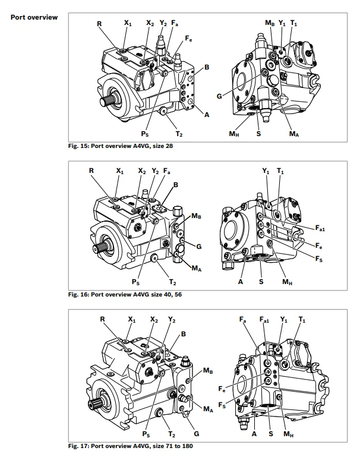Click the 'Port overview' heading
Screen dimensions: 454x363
click(x=34, y=17)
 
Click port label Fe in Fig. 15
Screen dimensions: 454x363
click(x=188, y=38)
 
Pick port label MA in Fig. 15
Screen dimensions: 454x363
click(x=293, y=134)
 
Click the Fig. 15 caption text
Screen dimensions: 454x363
click(x=121, y=146)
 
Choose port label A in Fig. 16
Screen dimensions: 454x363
click(x=241, y=282)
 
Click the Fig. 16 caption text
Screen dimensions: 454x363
click(x=125, y=294)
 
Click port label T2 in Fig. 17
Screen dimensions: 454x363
click(x=172, y=434)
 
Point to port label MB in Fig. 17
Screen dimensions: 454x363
click(x=209, y=371)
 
